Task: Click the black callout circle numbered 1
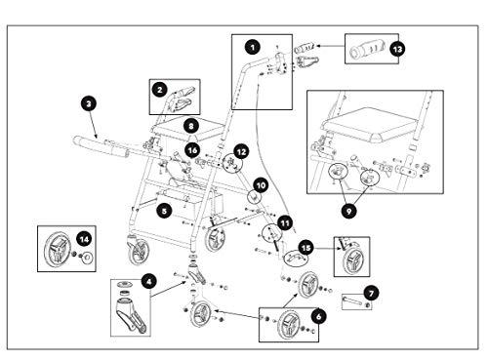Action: click(x=253, y=48)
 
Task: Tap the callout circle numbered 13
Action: click(x=397, y=50)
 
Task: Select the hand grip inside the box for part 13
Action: click(x=367, y=50)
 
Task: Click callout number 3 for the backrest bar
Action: click(x=89, y=104)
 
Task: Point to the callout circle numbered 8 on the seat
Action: click(x=191, y=126)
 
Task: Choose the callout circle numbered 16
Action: click(x=192, y=150)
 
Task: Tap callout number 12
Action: click(x=241, y=152)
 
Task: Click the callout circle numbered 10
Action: click(x=261, y=185)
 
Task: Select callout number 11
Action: click(x=285, y=223)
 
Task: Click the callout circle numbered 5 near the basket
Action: click(x=165, y=211)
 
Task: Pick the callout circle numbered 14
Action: click(x=84, y=240)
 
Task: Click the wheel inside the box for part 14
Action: click(x=57, y=250)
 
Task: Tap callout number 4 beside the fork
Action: click(x=149, y=282)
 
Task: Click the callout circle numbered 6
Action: click(x=318, y=316)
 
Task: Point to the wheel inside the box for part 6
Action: click(x=289, y=326)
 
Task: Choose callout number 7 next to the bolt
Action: click(x=371, y=294)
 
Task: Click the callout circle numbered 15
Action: click(x=306, y=249)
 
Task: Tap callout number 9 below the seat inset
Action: click(x=348, y=212)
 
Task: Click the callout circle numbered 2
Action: click(x=159, y=90)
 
